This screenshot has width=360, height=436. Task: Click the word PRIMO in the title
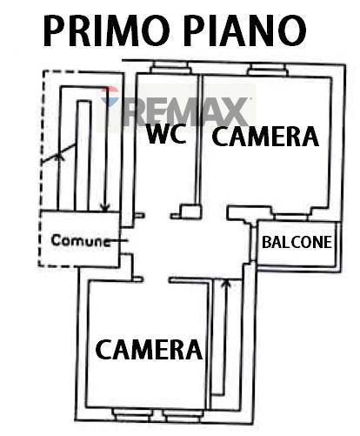coord(106,30)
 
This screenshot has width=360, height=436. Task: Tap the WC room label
coord(166,134)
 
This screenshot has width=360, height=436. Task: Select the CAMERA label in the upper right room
coord(265,136)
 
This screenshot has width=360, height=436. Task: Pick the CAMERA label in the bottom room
coord(149,350)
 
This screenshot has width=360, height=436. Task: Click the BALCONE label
coord(297,242)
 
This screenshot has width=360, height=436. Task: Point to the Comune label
coord(81,240)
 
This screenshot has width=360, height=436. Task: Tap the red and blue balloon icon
coord(110,97)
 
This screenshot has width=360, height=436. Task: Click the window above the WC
coord(170,68)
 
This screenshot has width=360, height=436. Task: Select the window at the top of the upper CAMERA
coord(268,70)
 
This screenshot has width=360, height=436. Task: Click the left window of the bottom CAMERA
coord(132,414)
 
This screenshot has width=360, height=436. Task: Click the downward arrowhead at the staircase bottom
coord(105,208)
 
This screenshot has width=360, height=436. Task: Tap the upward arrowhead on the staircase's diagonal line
coord(60,157)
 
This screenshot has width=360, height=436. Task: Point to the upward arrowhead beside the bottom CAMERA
coord(226,284)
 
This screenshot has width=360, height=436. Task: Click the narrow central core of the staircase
coord(83,155)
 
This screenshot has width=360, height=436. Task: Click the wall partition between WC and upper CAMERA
coord(198,140)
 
